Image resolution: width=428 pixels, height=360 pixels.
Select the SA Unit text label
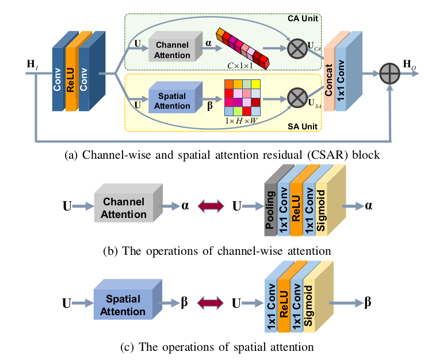click(x=304, y=124)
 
